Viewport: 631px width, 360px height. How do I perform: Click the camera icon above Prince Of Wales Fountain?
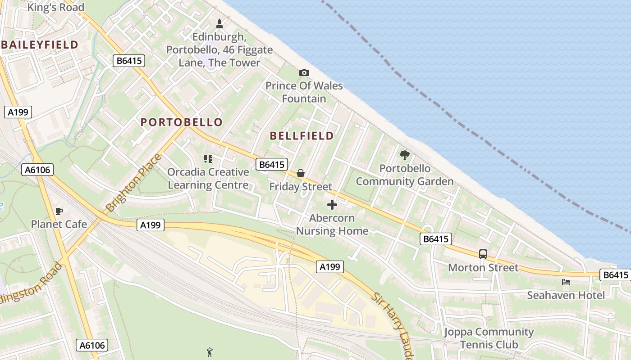pos(304,72)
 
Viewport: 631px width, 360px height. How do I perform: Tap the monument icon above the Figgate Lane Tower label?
pos(219,23)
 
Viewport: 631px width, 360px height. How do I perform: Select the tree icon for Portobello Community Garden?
pos(405,155)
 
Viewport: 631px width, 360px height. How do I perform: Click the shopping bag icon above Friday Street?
pos(301,173)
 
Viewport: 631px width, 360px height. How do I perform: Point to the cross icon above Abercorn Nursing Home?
pos(332,205)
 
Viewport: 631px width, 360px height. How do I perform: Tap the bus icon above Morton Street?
pos(483,254)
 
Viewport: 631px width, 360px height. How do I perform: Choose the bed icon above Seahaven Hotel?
pos(566,282)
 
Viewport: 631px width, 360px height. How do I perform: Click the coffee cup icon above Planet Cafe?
pos(59,211)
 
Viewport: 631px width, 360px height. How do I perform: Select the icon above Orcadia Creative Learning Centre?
pos(208,158)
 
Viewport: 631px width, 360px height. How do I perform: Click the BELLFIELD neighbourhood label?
pos(302,136)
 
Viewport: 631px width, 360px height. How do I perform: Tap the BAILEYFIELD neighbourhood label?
pos(40,45)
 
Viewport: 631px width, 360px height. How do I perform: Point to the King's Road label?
pos(56,7)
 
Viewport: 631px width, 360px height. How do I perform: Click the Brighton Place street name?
pos(133,183)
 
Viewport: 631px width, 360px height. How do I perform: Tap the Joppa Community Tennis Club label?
pos(489,338)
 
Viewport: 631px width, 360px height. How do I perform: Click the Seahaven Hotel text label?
pos(566,295)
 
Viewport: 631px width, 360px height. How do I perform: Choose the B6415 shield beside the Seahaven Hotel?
pos(615,275)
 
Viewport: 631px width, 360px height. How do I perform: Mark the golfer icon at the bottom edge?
pos(209,352)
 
